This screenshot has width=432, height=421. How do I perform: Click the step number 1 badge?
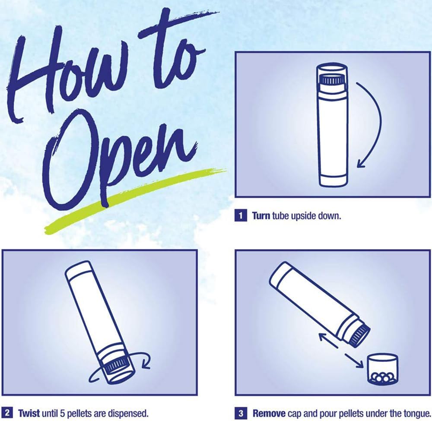point(241,215)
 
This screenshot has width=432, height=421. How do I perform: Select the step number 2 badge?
point(7,413)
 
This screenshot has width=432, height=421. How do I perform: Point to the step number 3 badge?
point(241,413)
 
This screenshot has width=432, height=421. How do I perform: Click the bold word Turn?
point(261,215)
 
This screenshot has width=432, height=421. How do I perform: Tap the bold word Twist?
point(29,413)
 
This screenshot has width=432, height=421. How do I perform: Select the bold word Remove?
point(269,413)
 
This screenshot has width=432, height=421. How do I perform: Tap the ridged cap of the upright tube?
point(332,79)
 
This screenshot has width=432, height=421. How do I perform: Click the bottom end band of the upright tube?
point(332,180)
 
